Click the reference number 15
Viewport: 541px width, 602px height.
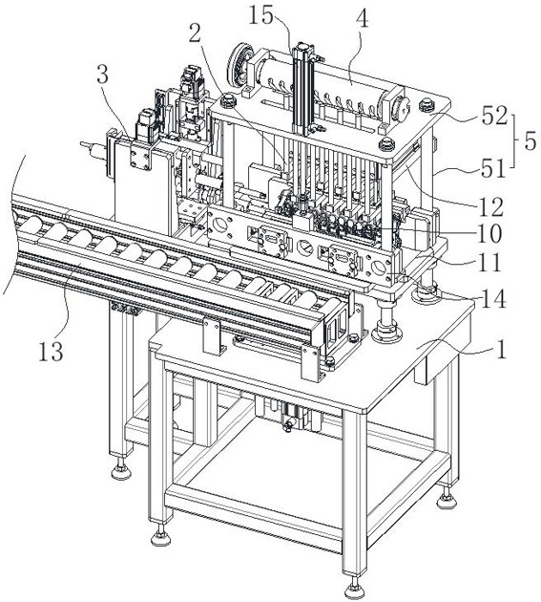(x=261, y=15)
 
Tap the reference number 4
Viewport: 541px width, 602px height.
(x=362, y=18)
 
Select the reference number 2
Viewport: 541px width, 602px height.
(x=195, y=34)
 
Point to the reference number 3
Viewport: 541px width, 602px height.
(x=102, y=75)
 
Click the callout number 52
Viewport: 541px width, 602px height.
(x=494, y=116)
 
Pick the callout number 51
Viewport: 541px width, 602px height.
(x=493, y=168)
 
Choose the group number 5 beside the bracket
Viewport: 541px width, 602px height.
(x=530, y=141)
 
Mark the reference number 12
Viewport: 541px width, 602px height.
(x=491, y=207)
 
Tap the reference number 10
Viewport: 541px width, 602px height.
(x=489, y=234)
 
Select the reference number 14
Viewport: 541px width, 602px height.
(x=494, y=299)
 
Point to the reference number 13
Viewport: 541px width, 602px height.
(x=51, y=352)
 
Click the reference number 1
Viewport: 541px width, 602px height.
(x=501, y=350)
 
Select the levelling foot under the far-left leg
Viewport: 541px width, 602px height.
(x=121, y=470)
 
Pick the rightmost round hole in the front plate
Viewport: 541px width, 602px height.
(x=378, y=267)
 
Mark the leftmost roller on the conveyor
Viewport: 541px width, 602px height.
(x=32, y=224)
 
